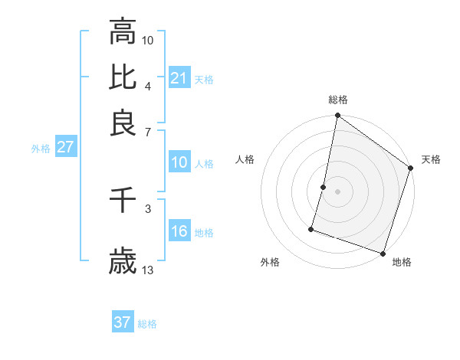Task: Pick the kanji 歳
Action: [123, 263]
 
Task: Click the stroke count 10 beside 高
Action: [148, 40]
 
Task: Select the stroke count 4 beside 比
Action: [148, 85]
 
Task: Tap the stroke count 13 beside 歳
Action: [148, 270]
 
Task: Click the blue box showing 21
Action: [179, 78]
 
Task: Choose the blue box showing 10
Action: [179, 162]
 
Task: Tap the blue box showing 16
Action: [179, 231]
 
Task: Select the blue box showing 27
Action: [65, 148]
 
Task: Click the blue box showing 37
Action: [123, 322]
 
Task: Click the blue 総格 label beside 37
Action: [147, 324]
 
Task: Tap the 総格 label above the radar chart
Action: [338, 100]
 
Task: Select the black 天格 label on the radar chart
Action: [431, 159]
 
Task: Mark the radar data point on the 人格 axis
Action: [324, 187]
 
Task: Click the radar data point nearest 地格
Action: [383, 253]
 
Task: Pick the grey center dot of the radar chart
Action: [337, 191]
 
